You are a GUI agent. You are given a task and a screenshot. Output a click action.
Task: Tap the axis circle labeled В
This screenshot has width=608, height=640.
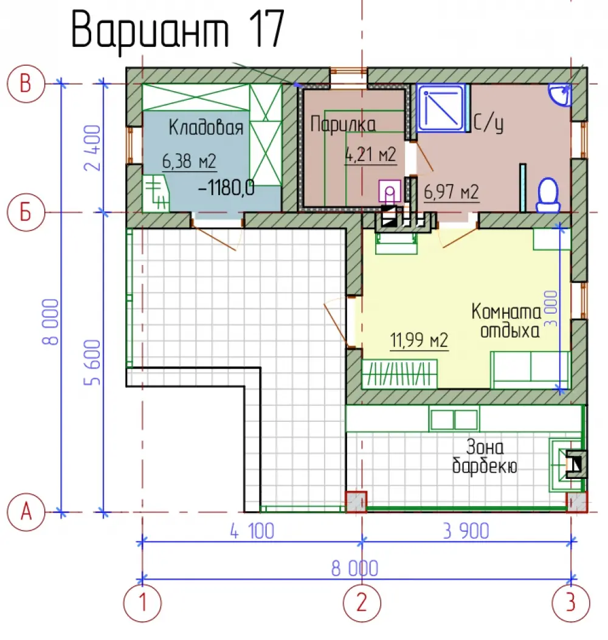(26, 84)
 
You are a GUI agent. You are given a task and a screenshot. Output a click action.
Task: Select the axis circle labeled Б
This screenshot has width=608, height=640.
(26, 212)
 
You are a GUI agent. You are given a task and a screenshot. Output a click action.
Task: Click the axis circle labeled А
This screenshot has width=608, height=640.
(26, 512)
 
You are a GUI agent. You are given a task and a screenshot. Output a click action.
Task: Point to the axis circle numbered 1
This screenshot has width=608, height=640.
(142, 603)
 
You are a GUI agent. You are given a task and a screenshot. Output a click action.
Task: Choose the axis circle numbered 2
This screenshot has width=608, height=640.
(362, 603)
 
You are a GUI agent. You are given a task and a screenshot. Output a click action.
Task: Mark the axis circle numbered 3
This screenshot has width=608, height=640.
(571, 603)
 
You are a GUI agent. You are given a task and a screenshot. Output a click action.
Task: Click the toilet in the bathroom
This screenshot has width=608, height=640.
(548, 195)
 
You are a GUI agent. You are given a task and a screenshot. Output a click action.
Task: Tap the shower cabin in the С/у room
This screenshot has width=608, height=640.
(441, 108)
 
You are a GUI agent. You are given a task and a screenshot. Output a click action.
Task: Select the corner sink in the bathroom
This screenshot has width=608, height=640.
(559, 95)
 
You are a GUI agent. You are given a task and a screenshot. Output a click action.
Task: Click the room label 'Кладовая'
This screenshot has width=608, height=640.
(206, 127)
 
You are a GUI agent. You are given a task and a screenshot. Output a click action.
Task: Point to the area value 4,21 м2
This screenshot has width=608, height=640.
(370, 155)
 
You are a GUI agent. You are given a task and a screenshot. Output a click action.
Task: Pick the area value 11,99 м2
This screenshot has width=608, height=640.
(419, 340)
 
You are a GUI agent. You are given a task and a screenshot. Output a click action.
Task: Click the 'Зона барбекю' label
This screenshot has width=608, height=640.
(485, 456)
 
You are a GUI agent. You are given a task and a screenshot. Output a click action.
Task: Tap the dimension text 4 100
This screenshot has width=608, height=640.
(252, 531)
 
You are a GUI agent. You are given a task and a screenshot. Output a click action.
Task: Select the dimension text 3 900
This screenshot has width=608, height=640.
(466, 531)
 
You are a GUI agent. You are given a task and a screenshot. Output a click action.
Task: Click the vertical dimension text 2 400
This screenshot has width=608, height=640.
(92, 148)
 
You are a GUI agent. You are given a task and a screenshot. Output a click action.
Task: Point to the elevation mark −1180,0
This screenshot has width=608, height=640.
(226, 188)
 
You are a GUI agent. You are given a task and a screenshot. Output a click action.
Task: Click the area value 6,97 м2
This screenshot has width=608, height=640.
(451, 192)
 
